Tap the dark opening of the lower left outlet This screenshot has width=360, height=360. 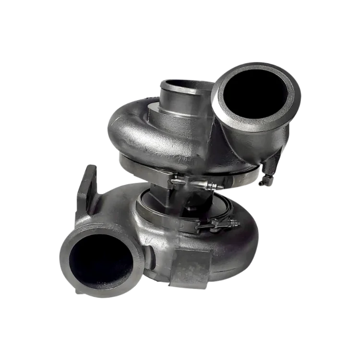point(101,262)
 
